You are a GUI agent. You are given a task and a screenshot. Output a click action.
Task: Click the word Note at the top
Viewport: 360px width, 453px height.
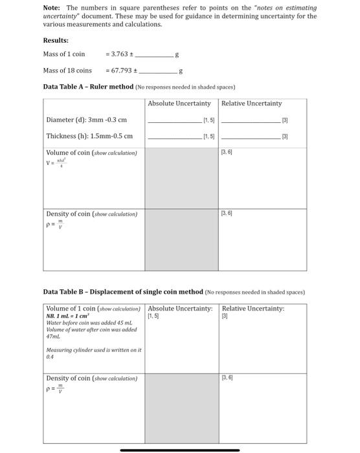click(52, 8)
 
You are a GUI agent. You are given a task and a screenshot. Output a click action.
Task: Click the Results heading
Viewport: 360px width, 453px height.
click(56, 40)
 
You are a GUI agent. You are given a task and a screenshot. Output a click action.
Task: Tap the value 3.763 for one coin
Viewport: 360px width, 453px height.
click(123, 54)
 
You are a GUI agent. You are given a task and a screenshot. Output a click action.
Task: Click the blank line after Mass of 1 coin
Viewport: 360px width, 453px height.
click(156, 55)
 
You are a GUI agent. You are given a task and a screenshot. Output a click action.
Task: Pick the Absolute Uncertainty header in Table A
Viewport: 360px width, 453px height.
click(179, 104)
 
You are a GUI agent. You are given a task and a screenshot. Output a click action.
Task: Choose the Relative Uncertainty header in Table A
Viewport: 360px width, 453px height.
click(251, 104)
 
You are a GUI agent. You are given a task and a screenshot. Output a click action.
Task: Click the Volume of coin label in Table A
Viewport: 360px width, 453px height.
click(91, 153)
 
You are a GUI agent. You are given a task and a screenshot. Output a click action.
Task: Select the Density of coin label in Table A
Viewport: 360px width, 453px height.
click(91, 214)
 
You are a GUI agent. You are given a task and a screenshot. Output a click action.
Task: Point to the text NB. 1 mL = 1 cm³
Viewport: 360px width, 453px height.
click(72, 316)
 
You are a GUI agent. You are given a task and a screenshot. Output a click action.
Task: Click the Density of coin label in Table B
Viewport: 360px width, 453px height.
click(91, 378)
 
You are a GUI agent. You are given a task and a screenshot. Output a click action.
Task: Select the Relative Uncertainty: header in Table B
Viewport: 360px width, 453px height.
click(253, 309)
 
